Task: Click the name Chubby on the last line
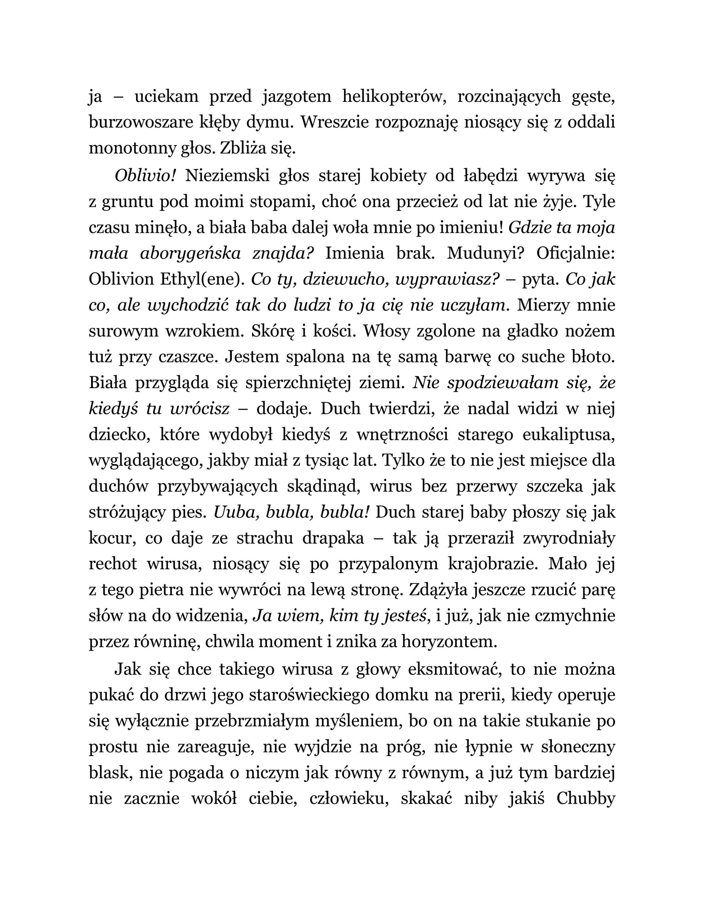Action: pyautogui.click(x=585, y=798)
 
